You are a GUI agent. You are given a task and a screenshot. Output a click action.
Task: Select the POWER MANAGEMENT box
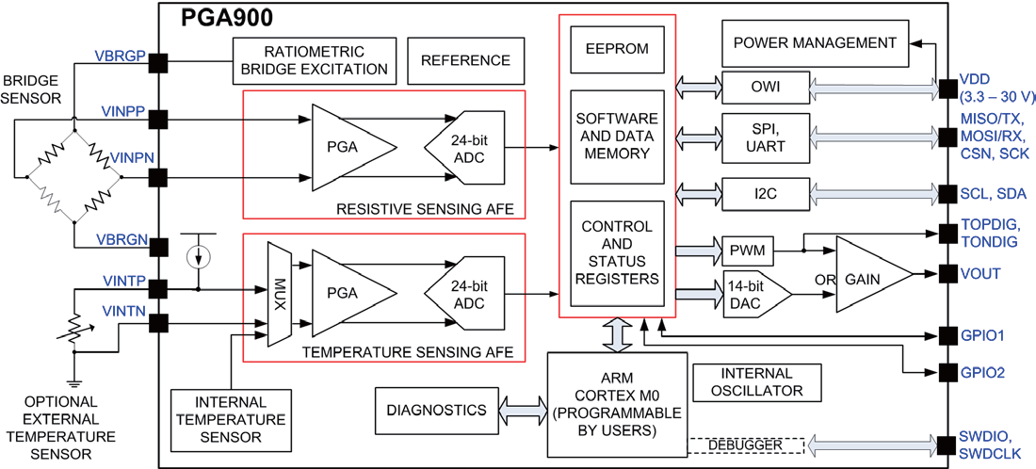point(815,42)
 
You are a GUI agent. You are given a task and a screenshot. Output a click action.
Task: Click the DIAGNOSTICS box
point(436,410)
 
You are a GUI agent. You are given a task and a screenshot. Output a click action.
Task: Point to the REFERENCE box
point(465,60)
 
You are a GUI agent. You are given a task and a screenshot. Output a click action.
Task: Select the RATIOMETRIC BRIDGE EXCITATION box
point(314,60)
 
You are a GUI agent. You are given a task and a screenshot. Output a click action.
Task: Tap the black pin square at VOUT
point(949,273)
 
